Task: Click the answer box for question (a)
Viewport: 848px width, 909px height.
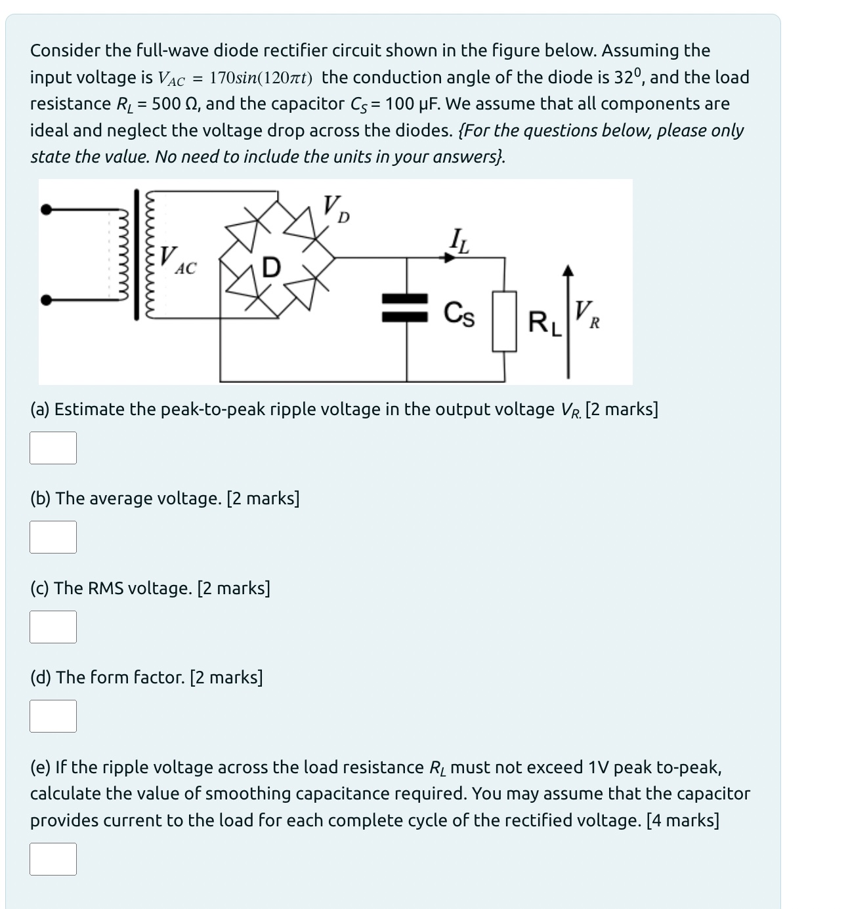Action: [53, 448]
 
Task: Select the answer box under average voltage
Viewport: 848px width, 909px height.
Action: [53, 537]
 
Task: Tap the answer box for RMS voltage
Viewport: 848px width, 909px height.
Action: [53, 627]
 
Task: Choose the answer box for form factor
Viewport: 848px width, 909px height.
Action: [53, 716]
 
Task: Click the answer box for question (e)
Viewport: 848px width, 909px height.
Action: [53, 859]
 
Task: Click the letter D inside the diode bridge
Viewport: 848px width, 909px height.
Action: [271, 268]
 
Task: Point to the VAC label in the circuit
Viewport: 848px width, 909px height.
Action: [178, 260]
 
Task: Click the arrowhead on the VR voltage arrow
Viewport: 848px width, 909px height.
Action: [568, 270]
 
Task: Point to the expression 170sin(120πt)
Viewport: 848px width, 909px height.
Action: [261, 78]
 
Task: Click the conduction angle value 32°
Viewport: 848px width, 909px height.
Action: [628, 77]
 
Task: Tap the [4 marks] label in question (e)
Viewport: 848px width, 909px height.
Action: [683, 820]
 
